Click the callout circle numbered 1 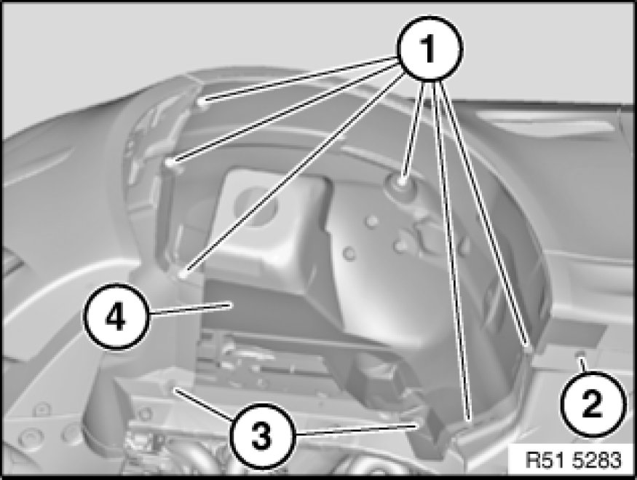point(430,48)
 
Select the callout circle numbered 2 point(593,404)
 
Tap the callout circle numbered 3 point(261,436)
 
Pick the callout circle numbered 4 point(116,317)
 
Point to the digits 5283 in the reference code point(597,460)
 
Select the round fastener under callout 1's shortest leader point(402,180)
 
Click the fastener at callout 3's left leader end point(173,385)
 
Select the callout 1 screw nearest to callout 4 point(183,275)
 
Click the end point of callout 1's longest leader point(470,419)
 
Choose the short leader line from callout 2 point(583,364)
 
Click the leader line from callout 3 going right point(355,429)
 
